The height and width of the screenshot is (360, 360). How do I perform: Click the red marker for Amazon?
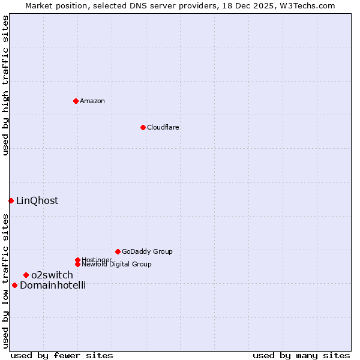76,101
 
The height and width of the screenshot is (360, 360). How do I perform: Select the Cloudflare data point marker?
143,127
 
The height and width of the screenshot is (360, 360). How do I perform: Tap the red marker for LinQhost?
11,200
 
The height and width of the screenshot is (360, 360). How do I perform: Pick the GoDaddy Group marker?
118,251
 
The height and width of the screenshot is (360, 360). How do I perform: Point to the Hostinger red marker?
77,260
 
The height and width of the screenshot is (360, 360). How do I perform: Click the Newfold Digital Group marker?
77,264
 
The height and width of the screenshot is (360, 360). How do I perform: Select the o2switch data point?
26,275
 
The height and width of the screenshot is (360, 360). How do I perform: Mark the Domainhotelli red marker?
14,285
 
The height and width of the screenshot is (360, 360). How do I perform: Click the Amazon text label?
92,101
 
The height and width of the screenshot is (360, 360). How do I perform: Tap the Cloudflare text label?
163,127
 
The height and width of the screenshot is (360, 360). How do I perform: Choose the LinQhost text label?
37,201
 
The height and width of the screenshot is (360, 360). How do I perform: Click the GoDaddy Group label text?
147,251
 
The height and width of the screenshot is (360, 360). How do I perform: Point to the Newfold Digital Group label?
117,265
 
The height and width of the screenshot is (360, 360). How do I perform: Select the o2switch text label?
52,275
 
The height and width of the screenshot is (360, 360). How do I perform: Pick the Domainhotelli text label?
53,286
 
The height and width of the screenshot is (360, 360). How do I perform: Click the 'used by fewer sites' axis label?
62,355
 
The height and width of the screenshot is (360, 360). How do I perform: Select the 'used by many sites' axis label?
301,355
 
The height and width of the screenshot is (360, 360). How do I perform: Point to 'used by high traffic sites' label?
5,85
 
